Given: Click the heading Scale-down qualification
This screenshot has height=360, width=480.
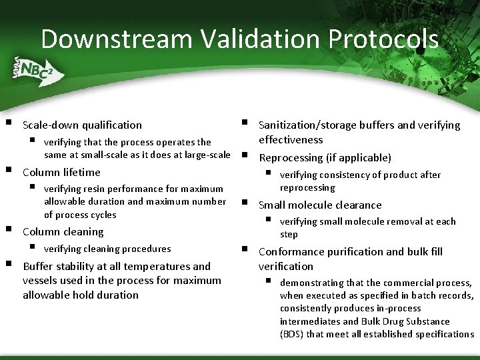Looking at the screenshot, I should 82,125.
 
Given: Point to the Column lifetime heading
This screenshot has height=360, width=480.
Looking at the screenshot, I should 61,172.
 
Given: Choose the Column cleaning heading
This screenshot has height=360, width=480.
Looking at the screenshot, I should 63,232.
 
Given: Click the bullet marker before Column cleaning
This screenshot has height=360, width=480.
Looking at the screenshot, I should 7,229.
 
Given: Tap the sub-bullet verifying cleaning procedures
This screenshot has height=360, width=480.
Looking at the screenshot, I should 107,249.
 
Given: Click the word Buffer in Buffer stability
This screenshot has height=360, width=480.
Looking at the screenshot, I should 39,266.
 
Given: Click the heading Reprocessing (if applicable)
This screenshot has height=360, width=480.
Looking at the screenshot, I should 325,158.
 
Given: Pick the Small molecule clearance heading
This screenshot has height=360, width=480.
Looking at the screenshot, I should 320,205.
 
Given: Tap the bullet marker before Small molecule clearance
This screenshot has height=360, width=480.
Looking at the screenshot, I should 244,203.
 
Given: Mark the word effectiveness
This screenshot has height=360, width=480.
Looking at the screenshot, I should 291,139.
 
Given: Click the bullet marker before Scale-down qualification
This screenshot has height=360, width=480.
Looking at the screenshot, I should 7,123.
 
